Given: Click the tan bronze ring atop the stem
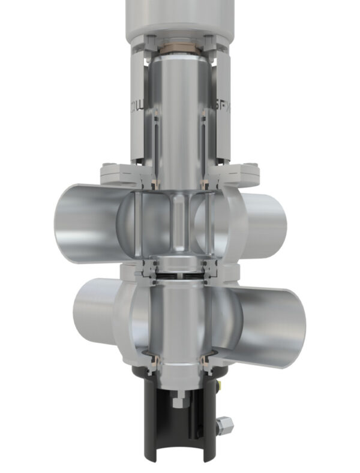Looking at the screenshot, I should point(181,46).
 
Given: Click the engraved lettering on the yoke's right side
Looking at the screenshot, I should point(220,109).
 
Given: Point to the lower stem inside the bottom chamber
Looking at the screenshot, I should point(180,318).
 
